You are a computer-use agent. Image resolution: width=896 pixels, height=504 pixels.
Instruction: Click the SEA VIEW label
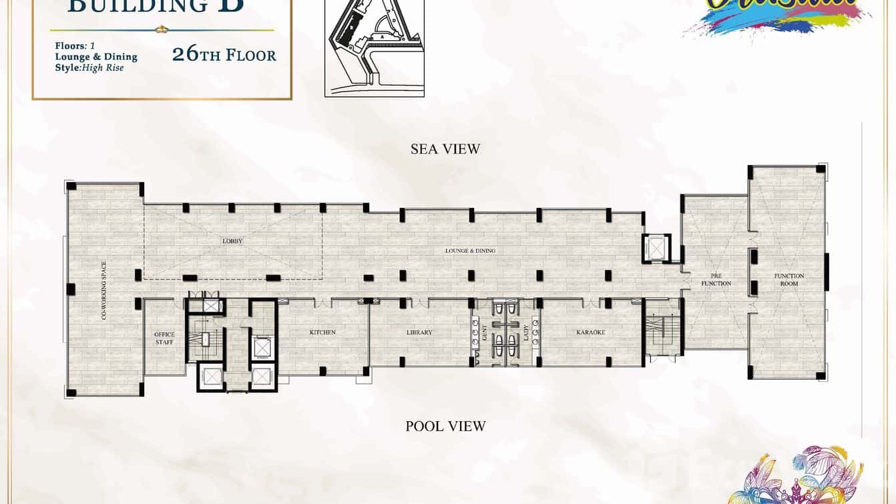pos(445,149)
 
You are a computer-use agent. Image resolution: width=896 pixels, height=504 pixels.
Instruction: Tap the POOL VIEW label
pos(445,426)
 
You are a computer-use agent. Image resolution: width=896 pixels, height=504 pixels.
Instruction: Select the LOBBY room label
pos(232,241)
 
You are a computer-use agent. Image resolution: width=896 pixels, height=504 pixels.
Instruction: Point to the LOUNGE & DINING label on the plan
pos(471,251)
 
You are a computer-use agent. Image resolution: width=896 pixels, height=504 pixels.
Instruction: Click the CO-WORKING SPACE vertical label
pos(104,290)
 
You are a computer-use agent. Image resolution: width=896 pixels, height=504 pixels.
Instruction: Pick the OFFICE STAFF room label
pos(164,338)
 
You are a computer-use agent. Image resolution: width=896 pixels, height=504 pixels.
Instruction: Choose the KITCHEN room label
pos(322,332)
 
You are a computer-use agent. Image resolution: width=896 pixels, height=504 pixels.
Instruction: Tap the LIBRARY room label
pos(419,332)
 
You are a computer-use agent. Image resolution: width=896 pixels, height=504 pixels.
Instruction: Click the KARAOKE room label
pos(590,332)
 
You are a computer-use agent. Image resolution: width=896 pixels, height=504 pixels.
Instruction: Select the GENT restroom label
pos(485,332)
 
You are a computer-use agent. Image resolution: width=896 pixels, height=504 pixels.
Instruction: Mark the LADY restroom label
pos(525,332)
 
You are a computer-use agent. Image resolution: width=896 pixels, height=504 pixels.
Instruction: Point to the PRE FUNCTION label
pos(716,279)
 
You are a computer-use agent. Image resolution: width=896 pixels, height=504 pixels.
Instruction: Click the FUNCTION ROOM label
pos(789,279)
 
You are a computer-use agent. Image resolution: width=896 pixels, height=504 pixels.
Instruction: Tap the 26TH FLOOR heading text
pos(224,55)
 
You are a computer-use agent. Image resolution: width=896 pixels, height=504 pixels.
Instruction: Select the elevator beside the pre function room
pos(654,248)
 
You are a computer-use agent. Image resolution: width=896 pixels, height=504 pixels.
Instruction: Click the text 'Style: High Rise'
pos(89,68)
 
